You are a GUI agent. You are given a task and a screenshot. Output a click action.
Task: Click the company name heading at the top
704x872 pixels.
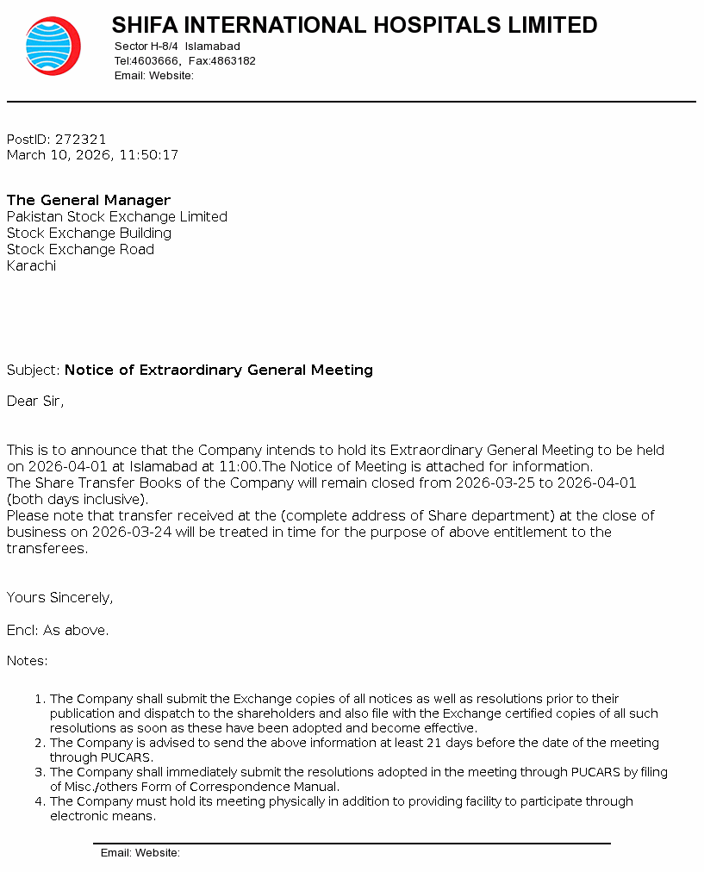pyautogui.click(x=354, y=25)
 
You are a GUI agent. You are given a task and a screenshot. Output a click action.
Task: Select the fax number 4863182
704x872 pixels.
pyautogui.click(x=234, y=61)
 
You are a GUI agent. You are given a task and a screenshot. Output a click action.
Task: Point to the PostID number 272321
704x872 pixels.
pyautogui.click(x=81, y=139)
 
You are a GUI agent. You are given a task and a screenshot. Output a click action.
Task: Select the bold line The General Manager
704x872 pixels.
pyautogui.click(x=89, y=200)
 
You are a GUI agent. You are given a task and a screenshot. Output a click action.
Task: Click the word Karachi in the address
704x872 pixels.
pyautogui.click(x=31, y=265)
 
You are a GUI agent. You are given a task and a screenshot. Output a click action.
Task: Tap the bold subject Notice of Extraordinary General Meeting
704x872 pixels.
pyautogui.click(x=219, y=370)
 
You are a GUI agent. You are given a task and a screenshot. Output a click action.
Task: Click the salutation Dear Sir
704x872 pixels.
pyautogui.click(x=35, y=401)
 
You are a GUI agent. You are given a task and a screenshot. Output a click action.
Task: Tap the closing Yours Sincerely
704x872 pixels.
pyautogui.click(x=59, y=597)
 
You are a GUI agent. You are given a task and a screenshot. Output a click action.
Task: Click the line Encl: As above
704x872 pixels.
pyautogui.click(x=58, y=630)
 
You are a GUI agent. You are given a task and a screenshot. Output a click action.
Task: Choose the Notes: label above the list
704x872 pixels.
pyautogui.click(x=28, y=661)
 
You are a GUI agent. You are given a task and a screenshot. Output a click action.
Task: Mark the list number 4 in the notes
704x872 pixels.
pyautogui.click(x=39, y=801)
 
